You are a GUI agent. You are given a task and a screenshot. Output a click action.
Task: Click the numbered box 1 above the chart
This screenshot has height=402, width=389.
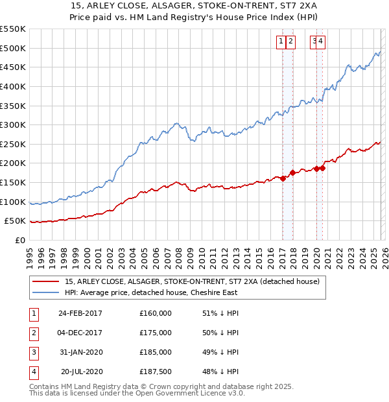click(281, 42)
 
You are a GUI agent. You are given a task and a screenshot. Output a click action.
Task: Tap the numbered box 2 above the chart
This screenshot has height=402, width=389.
click(290, 42)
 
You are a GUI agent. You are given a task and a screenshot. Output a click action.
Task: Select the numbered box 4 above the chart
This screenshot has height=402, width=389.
click(321, 42)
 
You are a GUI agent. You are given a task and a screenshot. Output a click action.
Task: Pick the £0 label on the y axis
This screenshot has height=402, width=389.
click(19, 240)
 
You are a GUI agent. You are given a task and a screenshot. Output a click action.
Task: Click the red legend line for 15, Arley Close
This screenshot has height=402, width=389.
click(45, 282)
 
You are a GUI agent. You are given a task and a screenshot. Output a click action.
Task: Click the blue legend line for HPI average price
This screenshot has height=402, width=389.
click(45, 292)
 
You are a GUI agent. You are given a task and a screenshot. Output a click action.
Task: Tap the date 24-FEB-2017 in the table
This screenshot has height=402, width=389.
click(80, 313)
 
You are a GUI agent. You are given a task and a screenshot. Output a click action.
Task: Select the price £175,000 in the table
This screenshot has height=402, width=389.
click(156, 333)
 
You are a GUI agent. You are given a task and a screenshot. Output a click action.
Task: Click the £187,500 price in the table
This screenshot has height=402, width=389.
click(156, 372)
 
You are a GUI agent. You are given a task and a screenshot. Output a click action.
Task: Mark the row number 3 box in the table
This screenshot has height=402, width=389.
click(34, 352)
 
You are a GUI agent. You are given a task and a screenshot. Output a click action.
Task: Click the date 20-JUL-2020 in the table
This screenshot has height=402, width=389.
click(82, 372)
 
